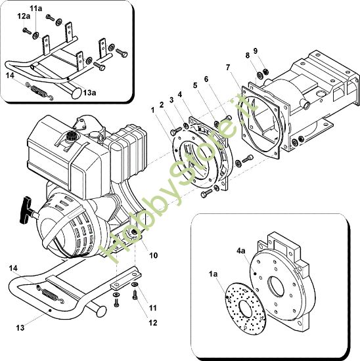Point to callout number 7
[x=227, y=68]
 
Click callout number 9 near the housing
[x=256, y=51]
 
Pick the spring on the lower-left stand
[x=47, y=291]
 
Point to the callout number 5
[x=195, y=84]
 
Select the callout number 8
[x=248, y=56]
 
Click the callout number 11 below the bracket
[x=151, y=308]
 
